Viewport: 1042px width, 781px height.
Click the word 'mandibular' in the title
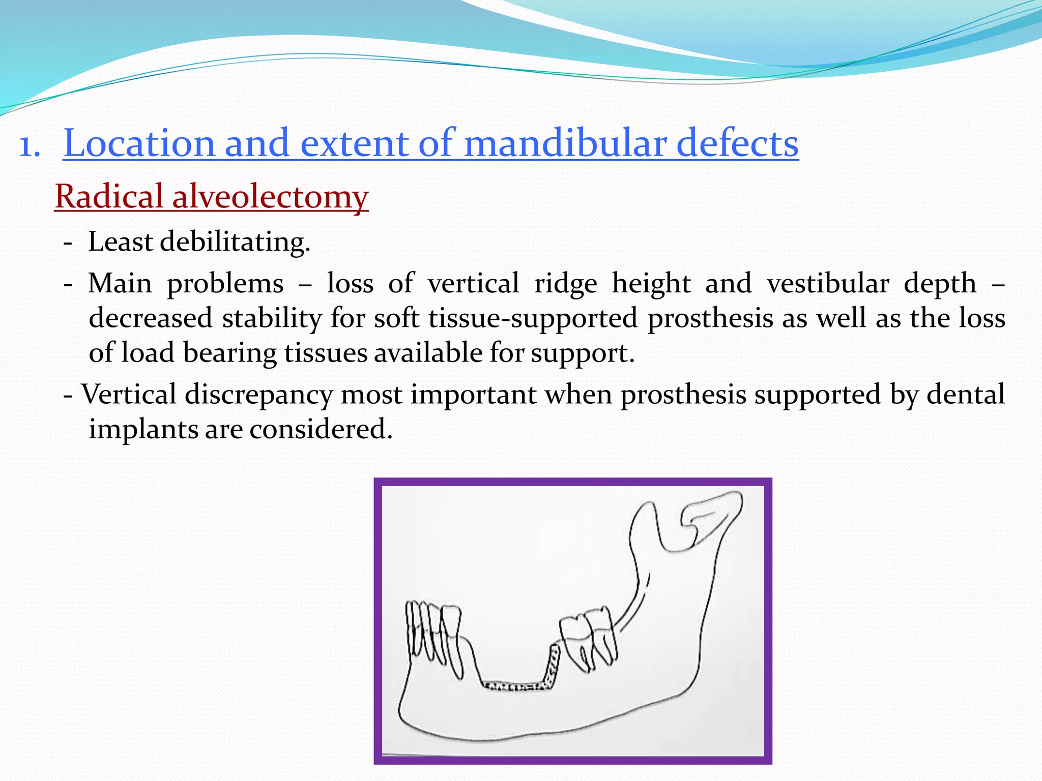tap(565, 143)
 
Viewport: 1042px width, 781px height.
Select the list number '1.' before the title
tap(30, 147)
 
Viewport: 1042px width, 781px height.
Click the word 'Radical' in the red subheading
tap(109, 197)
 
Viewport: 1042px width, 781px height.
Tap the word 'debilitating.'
tap(235, 242)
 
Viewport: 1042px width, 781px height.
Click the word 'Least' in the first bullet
tap(121, 242)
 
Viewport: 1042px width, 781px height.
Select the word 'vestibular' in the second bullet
tap(828, 284)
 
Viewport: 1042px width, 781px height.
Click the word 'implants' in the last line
tap(143, 430)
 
